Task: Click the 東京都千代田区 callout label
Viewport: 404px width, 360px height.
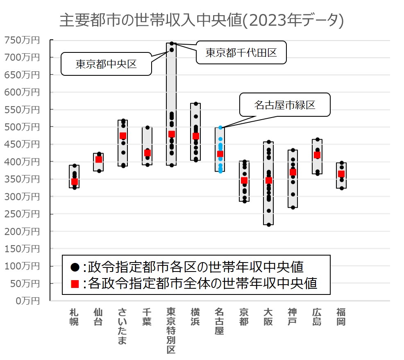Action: point(241,52)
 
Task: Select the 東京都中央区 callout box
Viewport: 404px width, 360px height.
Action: point(106,64)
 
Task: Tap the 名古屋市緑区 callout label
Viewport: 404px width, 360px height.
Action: point(284,105)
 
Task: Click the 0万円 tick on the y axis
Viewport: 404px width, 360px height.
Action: point(25,301)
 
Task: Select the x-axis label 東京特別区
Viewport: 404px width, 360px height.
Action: point(171,331)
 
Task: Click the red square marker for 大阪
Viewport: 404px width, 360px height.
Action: point(269,180)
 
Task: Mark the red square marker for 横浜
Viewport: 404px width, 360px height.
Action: point(196,136)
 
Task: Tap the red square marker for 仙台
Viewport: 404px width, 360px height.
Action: point(98,159)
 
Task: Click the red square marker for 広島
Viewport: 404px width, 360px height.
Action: point(317,155)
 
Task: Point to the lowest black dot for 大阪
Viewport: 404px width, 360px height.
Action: point(269,224)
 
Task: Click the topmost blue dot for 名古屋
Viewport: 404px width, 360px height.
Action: point(220,128)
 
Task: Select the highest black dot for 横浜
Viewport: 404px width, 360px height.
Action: point(196,104)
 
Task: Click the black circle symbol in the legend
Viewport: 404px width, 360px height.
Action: point(75,267)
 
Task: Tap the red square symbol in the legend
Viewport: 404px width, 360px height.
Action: point(75,283)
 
